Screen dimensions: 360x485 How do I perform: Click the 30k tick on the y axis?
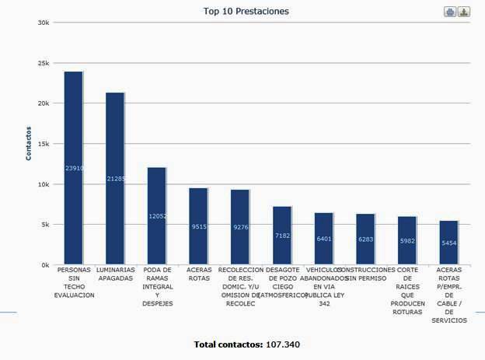pos(44,23)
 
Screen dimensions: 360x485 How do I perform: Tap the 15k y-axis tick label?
pos(44,144)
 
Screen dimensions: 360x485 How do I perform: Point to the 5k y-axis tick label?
pos(45,225)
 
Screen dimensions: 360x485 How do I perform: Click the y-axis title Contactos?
pos(29,143)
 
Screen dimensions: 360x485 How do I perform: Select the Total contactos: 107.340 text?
pos(246,344)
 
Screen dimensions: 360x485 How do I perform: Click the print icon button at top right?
pos(450,12)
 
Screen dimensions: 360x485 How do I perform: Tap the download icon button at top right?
pos(463,12)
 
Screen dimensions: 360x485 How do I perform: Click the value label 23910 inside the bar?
pos(75,168)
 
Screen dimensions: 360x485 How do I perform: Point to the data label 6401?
pos(324,239)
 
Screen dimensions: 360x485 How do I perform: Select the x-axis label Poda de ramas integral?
pos(158,286)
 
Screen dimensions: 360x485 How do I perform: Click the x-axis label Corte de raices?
pos(407,291)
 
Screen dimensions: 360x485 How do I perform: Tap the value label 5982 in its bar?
pos(407,241)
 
